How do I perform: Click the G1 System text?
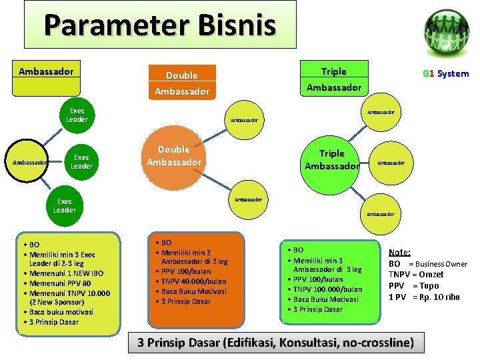pos(445,74)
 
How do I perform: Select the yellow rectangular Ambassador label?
pos(46,71)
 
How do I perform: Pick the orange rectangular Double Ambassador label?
pos(181,83)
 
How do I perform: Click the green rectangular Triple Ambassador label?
pos(333,79)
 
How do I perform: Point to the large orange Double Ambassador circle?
pos(174,156)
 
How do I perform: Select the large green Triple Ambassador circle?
pos(331,159)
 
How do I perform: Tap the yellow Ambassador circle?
pos(27,162)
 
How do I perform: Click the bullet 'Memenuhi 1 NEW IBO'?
pos(66,273)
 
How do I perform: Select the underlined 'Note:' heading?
pos(399,253)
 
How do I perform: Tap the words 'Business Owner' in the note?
pos(443,264)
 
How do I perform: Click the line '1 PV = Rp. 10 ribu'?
pos(424,297)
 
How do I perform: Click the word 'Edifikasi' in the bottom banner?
pos(255,343)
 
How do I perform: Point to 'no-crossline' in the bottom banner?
pos(377,343)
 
